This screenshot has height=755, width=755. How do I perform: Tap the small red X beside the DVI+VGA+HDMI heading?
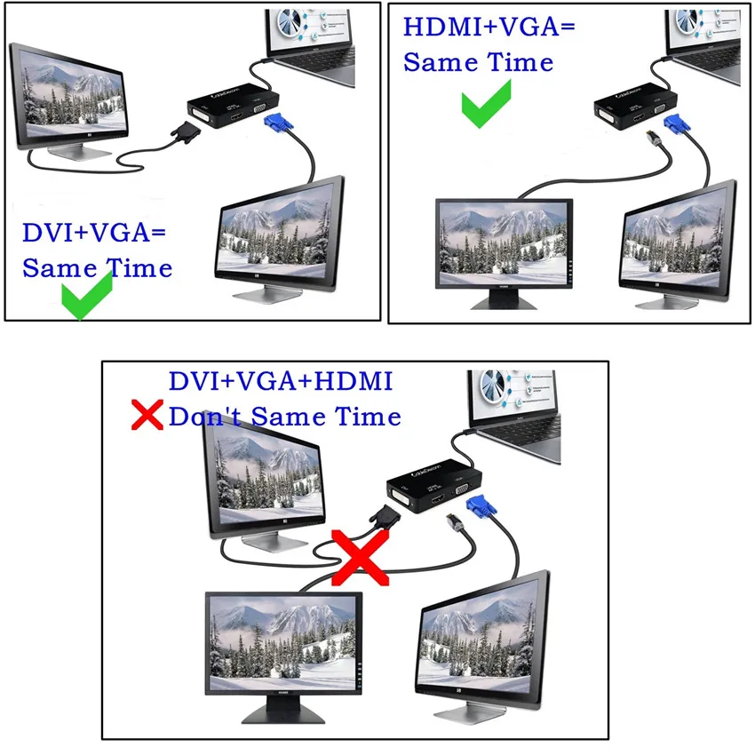click(x=147, y=415)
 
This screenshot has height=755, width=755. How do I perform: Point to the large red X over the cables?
click(x=360, y=558)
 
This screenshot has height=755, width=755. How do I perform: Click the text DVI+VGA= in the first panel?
click(x=94, y=233)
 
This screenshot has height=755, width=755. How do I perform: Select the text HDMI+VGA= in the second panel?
click(x=489, y=27)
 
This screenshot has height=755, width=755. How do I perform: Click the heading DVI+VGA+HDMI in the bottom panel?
click(x=281, y=381)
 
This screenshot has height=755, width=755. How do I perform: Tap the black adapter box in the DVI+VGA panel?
click(x=233, y=106)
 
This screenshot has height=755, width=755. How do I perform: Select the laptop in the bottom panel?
click(x=514, y=415)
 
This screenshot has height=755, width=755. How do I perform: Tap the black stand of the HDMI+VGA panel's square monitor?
click(x=505, y=300)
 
